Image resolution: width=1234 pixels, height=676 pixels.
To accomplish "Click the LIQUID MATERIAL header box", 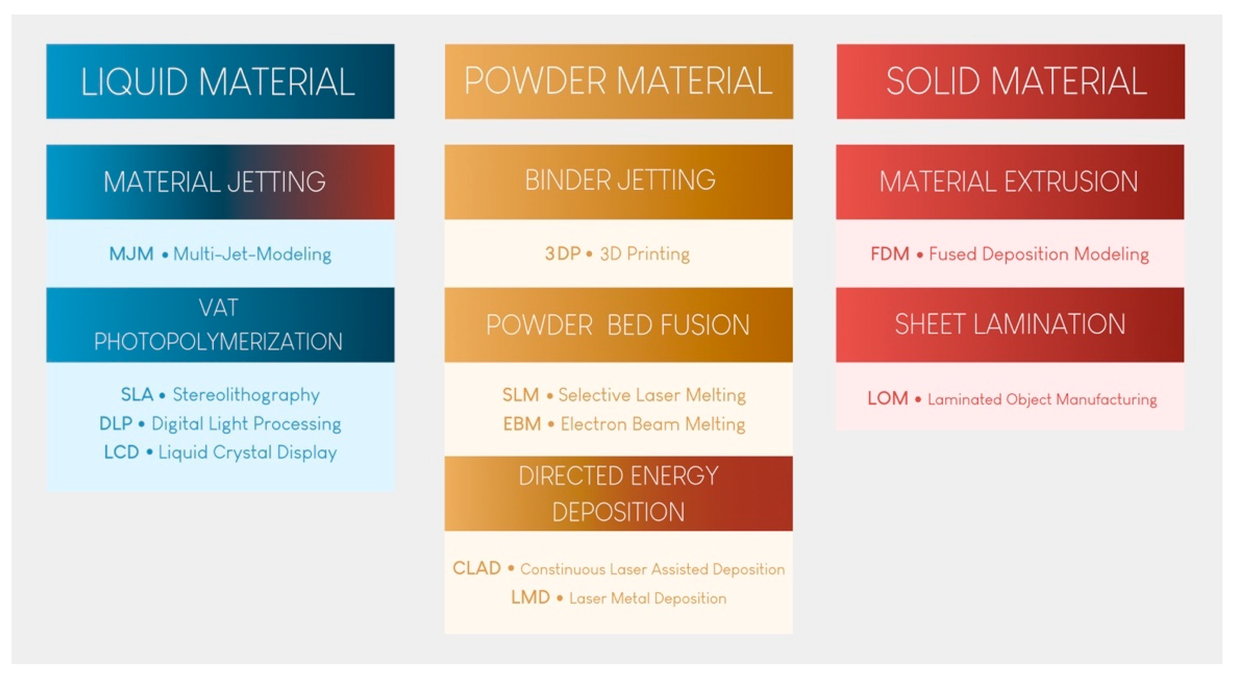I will pyautogui.click(x=220, y=82).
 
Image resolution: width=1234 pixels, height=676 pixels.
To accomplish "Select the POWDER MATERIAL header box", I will pyautogui.click(x=618, y=82).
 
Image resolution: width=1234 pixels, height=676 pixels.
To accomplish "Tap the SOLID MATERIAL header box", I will pyautogui.click(x=1010, y=82).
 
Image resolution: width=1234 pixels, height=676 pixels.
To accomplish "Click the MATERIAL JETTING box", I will pyautogui.click(x=220, y=182).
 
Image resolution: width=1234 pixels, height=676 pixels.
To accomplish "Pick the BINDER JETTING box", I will pyautogui.click(x=618, y=182).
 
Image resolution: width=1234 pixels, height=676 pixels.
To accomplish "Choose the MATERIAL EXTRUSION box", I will pyautogui.click(x=1010, y=182).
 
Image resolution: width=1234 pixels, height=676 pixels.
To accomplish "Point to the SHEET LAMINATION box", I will pyautogui.click(x=1010, y=325).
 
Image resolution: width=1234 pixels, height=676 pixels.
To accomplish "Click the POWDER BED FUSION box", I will pyautogui.click(x=618, y=325).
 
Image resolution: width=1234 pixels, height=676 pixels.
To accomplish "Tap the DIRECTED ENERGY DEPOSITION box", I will pyautogui.click(x=618, y=493).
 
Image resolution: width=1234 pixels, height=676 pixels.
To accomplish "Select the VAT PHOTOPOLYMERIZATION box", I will pyautogui.click(x=220, y=325).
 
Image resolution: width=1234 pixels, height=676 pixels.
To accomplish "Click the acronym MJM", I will pyautogui.click(x=131, y=253).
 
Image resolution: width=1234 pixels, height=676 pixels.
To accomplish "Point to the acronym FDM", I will pyautogui.click(x=890, y=253).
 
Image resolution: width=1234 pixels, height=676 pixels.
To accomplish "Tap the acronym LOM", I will pyautogui.click(x=888, y=398).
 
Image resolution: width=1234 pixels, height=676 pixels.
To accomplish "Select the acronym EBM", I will pyautogui.click(x=522, y=424).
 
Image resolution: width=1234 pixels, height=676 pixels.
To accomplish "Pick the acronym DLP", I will pyautogui.click(x=116, y=423).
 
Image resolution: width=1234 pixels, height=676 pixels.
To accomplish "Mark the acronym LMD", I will pyautogui.click(x=530, y=598).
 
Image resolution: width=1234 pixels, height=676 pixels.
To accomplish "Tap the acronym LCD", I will pyautogui.click(x=121, y=452).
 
